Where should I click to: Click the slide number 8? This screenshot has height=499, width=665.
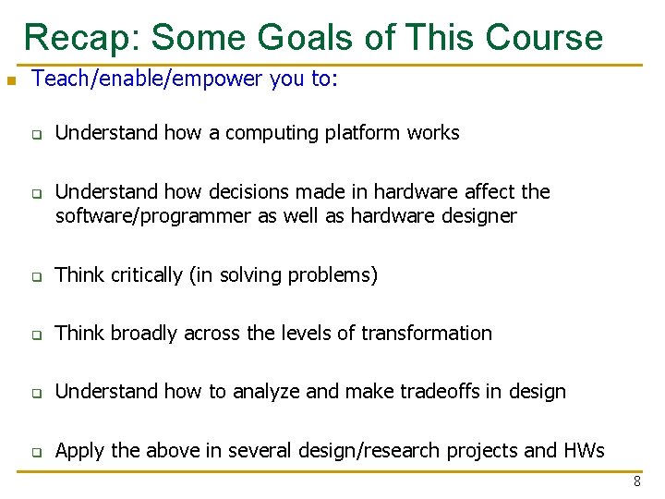click(x=637, y=481)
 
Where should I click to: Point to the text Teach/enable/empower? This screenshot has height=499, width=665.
click(x=148, y=79)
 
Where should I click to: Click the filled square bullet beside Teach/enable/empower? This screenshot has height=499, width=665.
click(x=10, y=81)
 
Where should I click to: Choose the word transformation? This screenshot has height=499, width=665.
click(x=427, y=334)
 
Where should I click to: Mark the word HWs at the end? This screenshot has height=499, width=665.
click(x=583, y=451)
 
